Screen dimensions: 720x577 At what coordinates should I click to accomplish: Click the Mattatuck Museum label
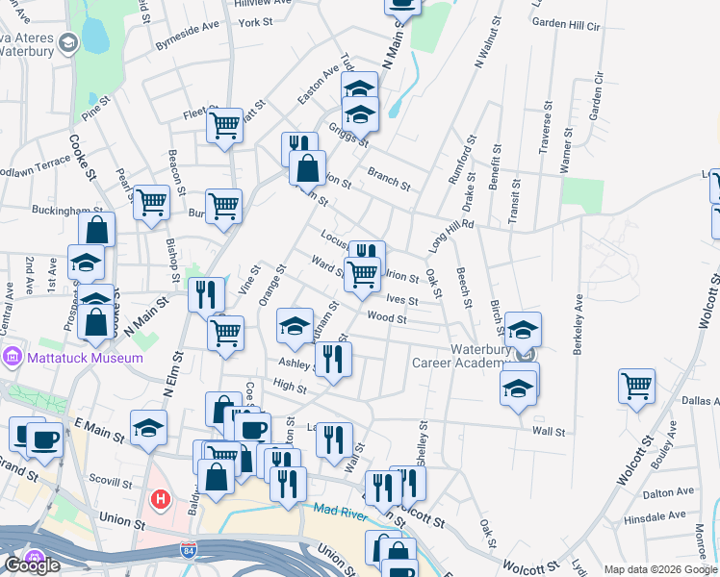point(85,358)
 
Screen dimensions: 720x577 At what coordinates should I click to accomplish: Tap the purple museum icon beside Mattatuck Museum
point(12,358)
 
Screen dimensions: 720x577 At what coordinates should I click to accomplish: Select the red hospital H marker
point(161,500)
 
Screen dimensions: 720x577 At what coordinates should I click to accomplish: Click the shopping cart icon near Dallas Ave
point(637,386)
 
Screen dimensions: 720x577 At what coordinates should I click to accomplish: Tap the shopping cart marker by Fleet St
point(224,124)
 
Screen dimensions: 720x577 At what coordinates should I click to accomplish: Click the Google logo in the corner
point(32,565)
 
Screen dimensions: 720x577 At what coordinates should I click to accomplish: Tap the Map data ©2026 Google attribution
point(661,569)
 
